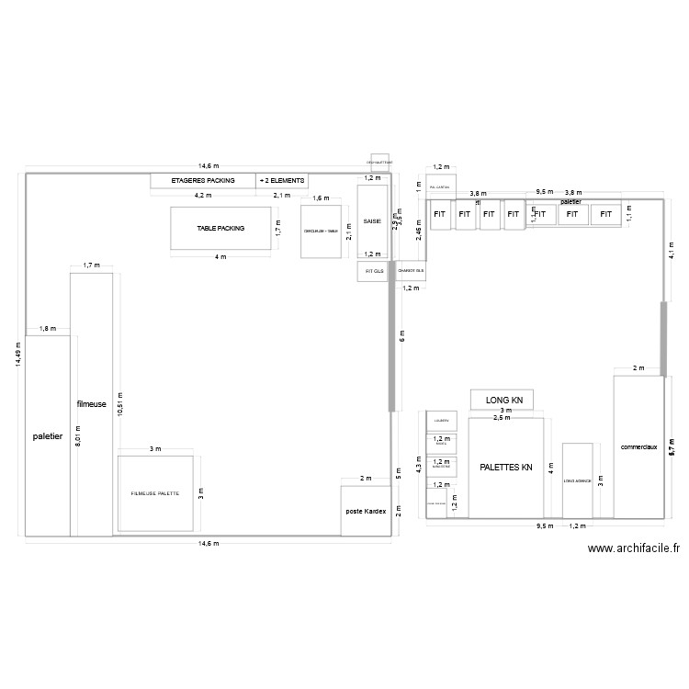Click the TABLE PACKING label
[220, 228]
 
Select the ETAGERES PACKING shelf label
[203, 181]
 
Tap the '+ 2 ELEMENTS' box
[282, 181]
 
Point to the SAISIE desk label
[372, 221]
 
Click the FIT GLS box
[374, 272]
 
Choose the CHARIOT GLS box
[411, 272]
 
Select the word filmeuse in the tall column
[91, 403]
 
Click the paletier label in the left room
[47, 436]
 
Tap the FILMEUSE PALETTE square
[154, 494]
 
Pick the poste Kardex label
[365, 510]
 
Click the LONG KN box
[503, 400]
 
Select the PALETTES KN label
[505, 468]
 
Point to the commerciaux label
[638, 446]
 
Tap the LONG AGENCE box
[577, 480]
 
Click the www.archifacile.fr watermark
[633, 548]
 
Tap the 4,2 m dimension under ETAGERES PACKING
[203, 196]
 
